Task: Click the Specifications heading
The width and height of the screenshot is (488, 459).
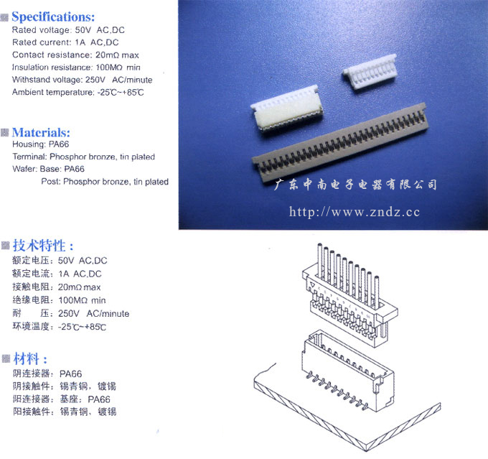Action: click(x=53, y=17)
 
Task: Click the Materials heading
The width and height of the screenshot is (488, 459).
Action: click(x=41, y=132)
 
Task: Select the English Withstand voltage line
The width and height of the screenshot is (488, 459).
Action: click(x=82, y=80)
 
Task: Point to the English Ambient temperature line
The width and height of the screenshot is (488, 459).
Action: click(x=78, y=92)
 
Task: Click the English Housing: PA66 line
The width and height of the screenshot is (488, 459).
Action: click(x=40, y=144)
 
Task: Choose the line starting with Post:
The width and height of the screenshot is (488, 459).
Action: click(x=105, y=182)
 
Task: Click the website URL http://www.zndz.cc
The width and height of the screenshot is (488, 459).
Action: click(x=355, y=212)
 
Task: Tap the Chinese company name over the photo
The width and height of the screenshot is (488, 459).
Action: click(x=355, y=185)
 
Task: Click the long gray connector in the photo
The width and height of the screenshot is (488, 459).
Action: click(x=341, y=144)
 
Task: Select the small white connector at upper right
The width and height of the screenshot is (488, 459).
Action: click(x=370, y=72)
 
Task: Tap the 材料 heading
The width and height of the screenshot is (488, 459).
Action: click(x=30, y=358)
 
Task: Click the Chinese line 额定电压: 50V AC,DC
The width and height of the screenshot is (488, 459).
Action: click(x=60, y=261)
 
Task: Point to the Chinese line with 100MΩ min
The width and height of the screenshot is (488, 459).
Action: click(x=59, y=300)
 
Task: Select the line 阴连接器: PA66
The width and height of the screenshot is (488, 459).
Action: click(x=47, y=374)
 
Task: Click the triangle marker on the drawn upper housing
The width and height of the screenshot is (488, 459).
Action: click(x=312, y=285)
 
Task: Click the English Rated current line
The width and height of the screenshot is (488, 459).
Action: click(x=65, y=42)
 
